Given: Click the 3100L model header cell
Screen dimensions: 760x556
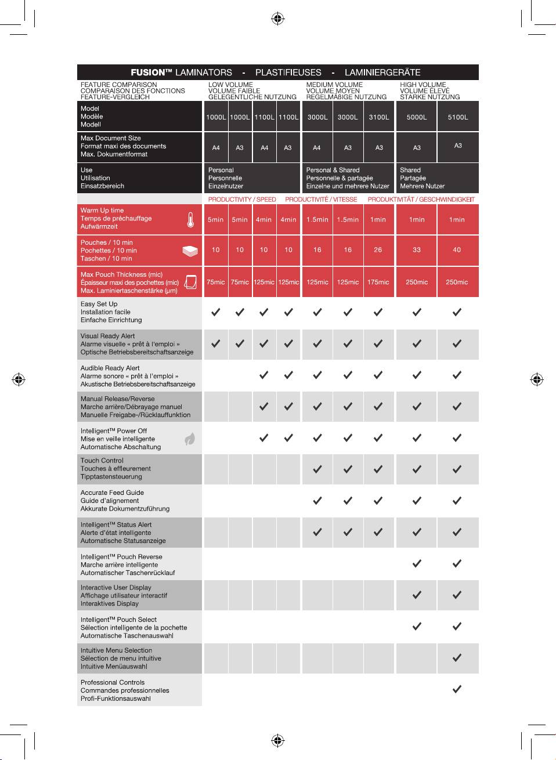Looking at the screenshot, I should [379, 117].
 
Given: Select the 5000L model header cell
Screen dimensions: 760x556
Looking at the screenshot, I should [417, 117].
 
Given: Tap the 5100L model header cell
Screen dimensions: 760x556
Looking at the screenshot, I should [458, 117].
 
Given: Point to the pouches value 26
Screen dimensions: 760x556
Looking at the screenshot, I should [378, 250].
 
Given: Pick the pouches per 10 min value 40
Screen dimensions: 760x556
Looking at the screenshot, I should [457, 250].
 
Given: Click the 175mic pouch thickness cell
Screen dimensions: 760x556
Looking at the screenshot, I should [378, 283].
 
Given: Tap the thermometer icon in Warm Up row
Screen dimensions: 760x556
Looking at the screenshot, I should [190, 219].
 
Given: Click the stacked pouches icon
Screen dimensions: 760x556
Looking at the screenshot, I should [190, 251].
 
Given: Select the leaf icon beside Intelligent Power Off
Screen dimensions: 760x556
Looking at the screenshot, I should [190, 439].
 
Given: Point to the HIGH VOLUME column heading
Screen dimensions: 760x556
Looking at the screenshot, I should [423, 85].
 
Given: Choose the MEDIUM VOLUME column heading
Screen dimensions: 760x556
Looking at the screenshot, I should [334, 85].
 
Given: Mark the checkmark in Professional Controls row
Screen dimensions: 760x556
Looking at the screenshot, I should [457, 689].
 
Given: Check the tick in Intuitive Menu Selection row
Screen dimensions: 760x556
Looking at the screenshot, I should [457, 658].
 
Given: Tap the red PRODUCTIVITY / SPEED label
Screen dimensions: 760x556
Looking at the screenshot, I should [242, 200].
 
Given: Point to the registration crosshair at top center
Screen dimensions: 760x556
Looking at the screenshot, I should [277, 19].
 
